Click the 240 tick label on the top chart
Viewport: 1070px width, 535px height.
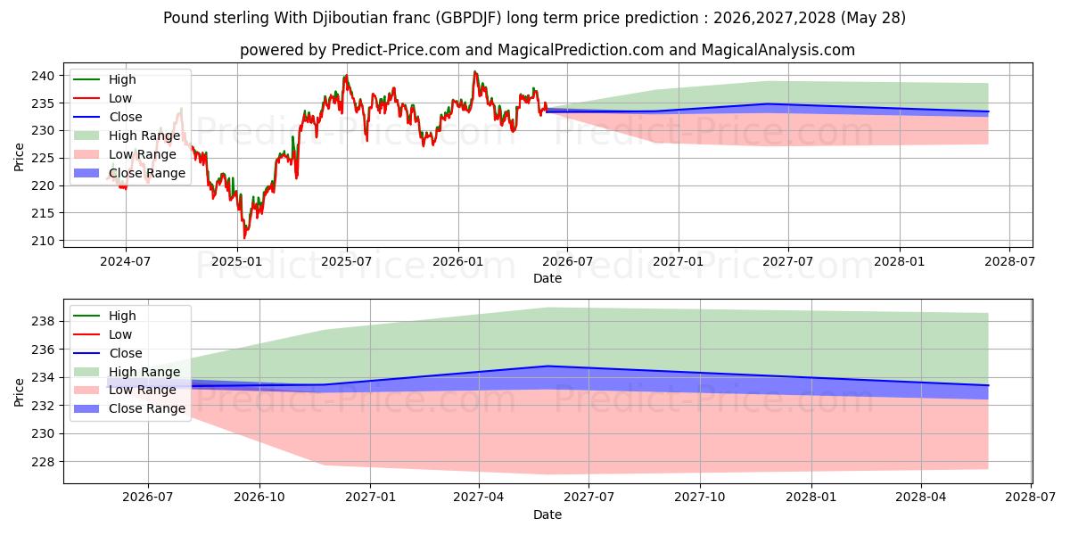43,76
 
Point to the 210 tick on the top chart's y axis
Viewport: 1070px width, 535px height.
43,241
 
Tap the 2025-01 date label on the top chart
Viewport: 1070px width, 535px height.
237,262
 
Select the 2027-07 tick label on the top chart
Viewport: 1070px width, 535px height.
787,262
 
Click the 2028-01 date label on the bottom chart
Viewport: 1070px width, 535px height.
811,497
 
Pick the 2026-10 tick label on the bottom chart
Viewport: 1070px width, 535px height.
259,497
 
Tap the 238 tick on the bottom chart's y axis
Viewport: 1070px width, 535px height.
43,322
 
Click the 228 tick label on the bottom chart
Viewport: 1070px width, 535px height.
43,462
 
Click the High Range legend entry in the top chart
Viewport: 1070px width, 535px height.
127,136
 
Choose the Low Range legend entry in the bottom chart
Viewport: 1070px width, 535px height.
125,391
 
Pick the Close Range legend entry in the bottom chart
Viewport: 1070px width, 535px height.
129,409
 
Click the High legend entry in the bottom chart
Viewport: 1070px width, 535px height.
104,316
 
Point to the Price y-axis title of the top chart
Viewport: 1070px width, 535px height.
19,157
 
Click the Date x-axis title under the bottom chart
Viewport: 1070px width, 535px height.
547,514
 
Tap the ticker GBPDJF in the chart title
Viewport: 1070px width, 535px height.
469,18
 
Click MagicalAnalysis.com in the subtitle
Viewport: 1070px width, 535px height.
778,50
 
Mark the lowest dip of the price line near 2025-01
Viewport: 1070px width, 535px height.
244,238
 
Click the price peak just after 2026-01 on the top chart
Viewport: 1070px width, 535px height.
474,71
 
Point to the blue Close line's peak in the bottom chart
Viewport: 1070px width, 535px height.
547,366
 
